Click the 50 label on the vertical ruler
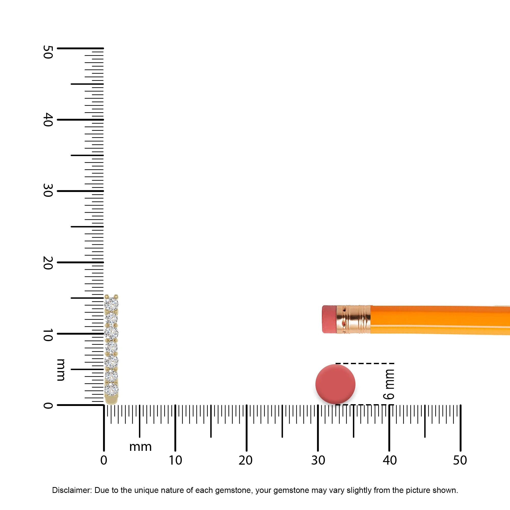48,52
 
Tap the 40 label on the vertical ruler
48,120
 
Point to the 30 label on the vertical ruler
48,190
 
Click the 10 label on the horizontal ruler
175,460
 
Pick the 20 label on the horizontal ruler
246,460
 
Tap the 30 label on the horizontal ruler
318,460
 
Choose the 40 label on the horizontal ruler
390,460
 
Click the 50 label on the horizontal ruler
460,460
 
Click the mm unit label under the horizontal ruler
141,447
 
